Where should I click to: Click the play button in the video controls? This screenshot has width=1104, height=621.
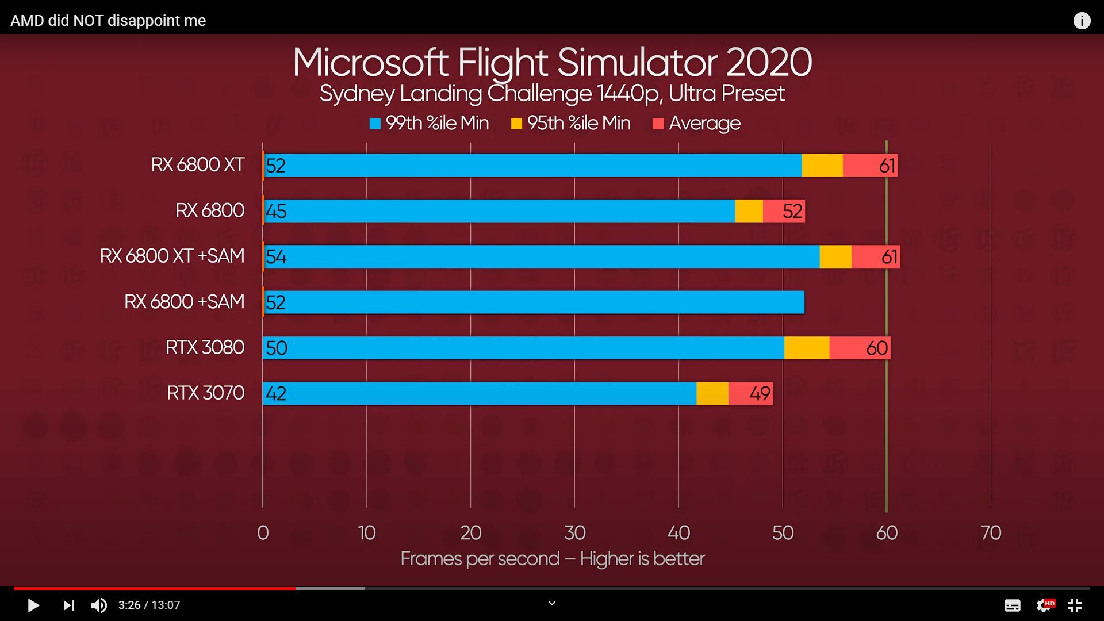pyautogui.click(x=33, y=605)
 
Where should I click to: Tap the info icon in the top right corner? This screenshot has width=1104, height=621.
pyautogui.click(x=1082, y=21)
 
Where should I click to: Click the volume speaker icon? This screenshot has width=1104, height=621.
pyautogui.click(x=99, y=605)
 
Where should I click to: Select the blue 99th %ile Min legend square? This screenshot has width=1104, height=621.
pyautogui.click(x=375, y=124)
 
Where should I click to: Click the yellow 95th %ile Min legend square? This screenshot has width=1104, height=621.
pyautogui.click(x=516, y=124)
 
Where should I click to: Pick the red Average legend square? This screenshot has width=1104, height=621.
pyautogui.click(x=658, y=124)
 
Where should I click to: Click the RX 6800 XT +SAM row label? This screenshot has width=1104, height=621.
pyautogui.click(x=172, y=256)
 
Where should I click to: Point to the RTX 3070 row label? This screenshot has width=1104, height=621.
pyautogui.click(x=205, y=393)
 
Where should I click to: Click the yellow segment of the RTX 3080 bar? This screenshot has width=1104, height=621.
pyautogui.click(x=806, y=348)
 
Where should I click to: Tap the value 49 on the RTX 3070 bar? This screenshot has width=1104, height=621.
pyautogui.click(x=760, y=393)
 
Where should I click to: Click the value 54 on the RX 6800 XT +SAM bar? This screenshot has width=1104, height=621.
pyautogui.click(x=276, y=256)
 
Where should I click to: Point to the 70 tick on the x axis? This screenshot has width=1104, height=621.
pyautogui.click(x=991, y=533)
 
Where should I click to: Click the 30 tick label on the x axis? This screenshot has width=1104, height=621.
pyautogui.click(x=574, y=533)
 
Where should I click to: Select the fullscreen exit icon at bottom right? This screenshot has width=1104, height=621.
pyautogui.click(x=1074, y=605)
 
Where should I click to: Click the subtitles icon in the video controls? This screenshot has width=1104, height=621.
pyautogui.click(x=1012, y=605)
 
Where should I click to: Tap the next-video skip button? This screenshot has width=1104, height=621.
pyautogui.click(x=68, y=605)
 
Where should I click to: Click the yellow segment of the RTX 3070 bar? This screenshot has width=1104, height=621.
pyautogui.click(x=712, y=393)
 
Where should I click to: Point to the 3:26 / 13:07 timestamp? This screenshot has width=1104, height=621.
pyautogui.click(x=149, y=605)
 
